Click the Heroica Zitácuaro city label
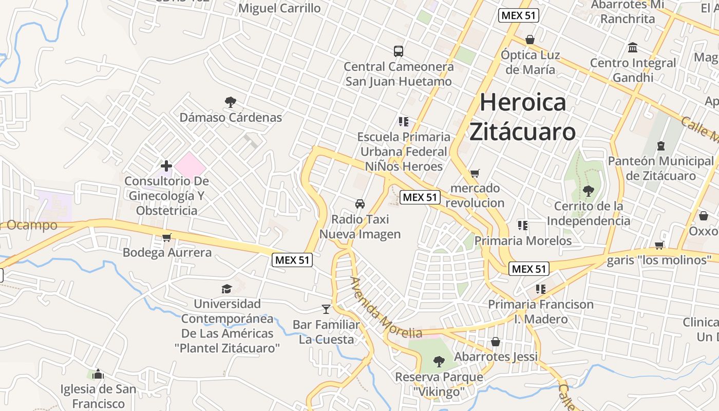(523, 117)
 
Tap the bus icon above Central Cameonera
(399, 51)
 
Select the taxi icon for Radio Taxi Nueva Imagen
(360, 204)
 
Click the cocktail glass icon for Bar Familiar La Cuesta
(326, 309)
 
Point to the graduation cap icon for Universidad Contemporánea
(226, 289)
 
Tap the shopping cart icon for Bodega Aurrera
(166, 237)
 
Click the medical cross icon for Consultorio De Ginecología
(166, 166)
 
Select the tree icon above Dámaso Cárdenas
(231, 102)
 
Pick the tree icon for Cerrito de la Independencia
(588, 191)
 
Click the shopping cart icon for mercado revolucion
(475, 173)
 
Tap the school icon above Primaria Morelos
(523, 225)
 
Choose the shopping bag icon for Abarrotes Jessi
(496, 342)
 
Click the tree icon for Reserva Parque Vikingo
(439, 362)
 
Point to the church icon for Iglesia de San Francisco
(98, 374)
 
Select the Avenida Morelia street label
(386, 308)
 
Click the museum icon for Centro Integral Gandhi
(633, 48)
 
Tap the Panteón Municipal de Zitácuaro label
(661, 169)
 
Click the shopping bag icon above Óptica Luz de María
(530, 40)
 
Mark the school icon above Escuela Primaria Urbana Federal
(403, 121)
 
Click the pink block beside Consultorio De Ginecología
(190, 165)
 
